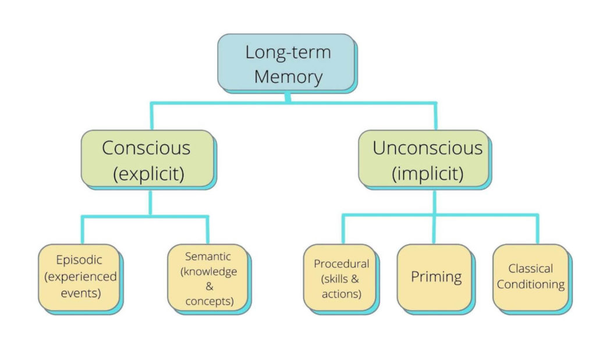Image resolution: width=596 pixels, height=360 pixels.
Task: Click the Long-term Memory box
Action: tap(287, 63)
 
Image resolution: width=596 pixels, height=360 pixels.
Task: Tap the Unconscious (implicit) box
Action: tap(427, 158)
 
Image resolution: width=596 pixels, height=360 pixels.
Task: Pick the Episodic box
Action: tap(79, 277)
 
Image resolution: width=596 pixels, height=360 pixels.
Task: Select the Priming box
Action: tap(436, 277)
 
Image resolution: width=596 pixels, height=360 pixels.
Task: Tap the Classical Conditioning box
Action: tap(530, 277)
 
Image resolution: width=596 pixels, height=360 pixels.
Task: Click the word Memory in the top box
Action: tap(288, 76)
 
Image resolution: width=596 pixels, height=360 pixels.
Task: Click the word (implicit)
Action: tap(428, 174)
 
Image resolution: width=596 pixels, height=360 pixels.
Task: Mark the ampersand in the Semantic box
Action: tap(208, 286)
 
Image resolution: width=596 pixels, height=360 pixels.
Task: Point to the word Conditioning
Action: tap(530, 285)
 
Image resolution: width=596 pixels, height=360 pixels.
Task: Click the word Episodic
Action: tap(79, 260)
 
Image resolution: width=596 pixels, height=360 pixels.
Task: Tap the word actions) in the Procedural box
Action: tap(341, 294)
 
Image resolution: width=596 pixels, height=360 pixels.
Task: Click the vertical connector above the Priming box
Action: tap(434, 229)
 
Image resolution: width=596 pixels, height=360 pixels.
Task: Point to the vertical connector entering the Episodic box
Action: tap(82, 230)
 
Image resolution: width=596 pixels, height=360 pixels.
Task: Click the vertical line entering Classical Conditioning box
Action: tap(536, 229)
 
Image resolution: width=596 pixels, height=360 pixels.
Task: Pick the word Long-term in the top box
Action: tap(288, 52)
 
